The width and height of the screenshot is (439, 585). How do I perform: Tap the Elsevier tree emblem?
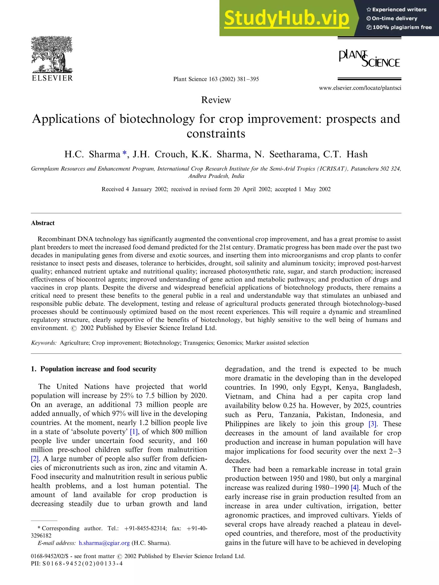(52, 55)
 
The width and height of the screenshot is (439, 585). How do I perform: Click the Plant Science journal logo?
(369, 58)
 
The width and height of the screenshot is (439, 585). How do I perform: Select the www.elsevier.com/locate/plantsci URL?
(360, 88)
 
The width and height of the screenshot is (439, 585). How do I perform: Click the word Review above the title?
(216, 100)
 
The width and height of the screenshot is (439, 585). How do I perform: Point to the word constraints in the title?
(216, 133)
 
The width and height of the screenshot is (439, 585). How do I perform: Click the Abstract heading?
(43, 223)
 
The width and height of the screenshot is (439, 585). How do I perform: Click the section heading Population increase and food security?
(98, 369)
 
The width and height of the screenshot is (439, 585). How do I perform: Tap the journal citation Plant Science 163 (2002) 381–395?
(216, 79)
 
